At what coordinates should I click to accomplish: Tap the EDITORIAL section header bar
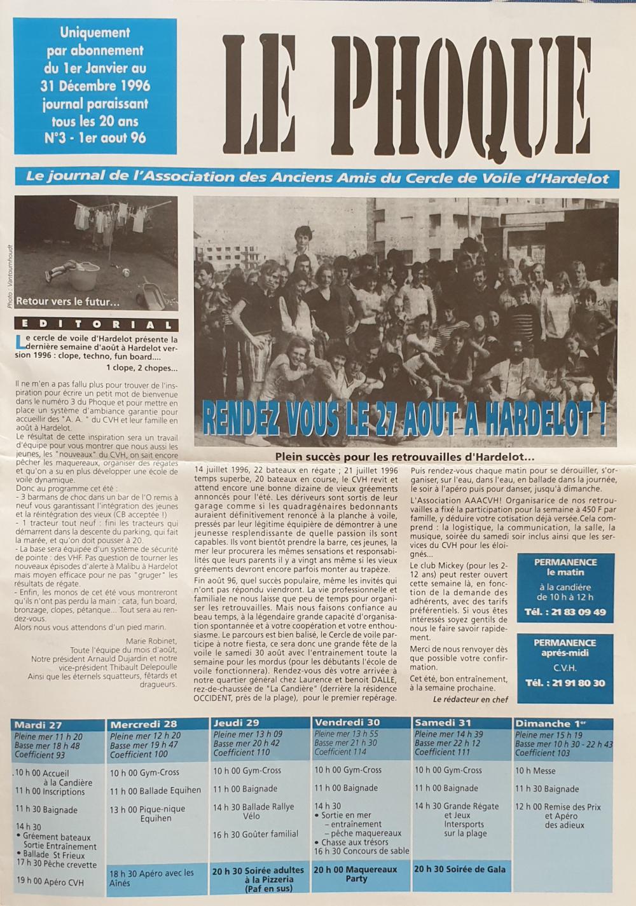96,324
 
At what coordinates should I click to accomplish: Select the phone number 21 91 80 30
565,683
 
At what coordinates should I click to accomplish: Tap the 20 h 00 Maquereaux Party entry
356,874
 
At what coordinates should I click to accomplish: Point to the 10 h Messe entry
536,771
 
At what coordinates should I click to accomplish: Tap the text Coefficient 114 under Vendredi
341,752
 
